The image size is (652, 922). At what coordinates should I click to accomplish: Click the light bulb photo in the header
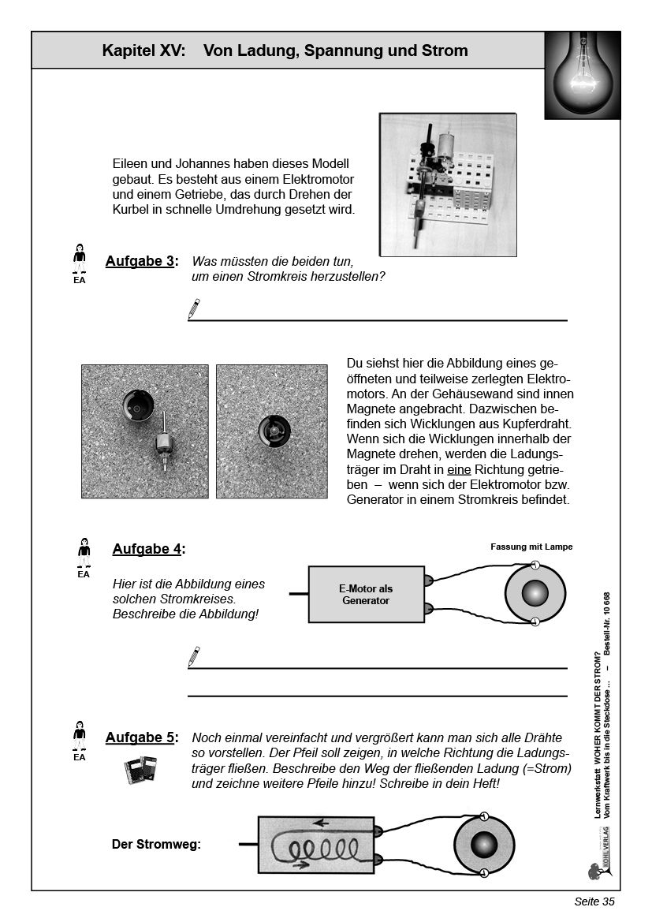(x=582, y=76)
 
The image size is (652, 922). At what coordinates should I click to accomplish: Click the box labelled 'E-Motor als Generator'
(x=366, y=595)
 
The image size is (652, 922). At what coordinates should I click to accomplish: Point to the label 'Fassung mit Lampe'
(x=531, y=547)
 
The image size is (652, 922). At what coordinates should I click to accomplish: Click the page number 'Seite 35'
(x=594, y=902)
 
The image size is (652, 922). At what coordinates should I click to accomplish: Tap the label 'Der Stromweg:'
(x=156, y=844)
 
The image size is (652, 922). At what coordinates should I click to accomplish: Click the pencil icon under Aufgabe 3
(x=194, y=308)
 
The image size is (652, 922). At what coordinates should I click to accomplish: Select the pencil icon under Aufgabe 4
(x=194, y=656)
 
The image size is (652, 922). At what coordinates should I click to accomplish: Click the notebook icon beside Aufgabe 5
(x=142, y=770)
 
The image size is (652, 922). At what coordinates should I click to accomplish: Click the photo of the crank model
(x=448, y=185)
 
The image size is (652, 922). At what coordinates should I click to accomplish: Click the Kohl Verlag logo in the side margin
(x=598, y=868)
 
